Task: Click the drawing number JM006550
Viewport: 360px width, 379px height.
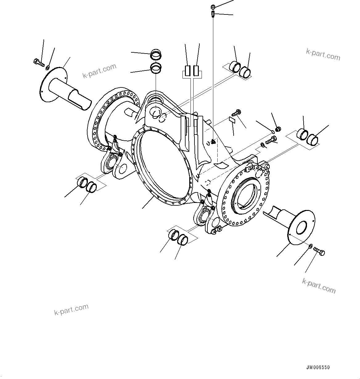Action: click(x=318, y=368)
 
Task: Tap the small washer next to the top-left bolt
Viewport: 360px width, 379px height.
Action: click(x=47, y=67)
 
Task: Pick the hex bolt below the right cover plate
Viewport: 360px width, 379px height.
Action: click(x=319, y=252)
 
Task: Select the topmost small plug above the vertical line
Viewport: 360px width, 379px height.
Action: click(x=213, y=7)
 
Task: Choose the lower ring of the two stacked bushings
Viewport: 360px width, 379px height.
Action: click(x=156, y=68)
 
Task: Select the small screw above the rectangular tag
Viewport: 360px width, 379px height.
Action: click(x=238, y=113)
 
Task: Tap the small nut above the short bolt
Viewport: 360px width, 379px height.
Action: click(x=277, y=129)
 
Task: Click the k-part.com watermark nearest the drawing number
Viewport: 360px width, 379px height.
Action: click(x=319, y=286)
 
